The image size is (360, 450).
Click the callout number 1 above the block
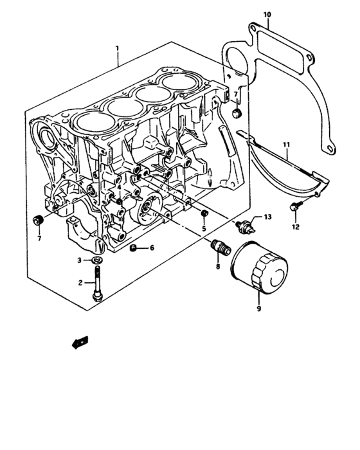118,49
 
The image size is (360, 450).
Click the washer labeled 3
96,260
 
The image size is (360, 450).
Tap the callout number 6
152,248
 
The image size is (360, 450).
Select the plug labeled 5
205,213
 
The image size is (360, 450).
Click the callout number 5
203,229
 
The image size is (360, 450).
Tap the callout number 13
267,219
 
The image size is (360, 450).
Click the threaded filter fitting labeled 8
219,247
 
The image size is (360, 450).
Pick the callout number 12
296,226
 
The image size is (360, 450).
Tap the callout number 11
287,146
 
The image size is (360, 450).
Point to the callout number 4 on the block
118,188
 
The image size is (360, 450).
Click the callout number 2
80,283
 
